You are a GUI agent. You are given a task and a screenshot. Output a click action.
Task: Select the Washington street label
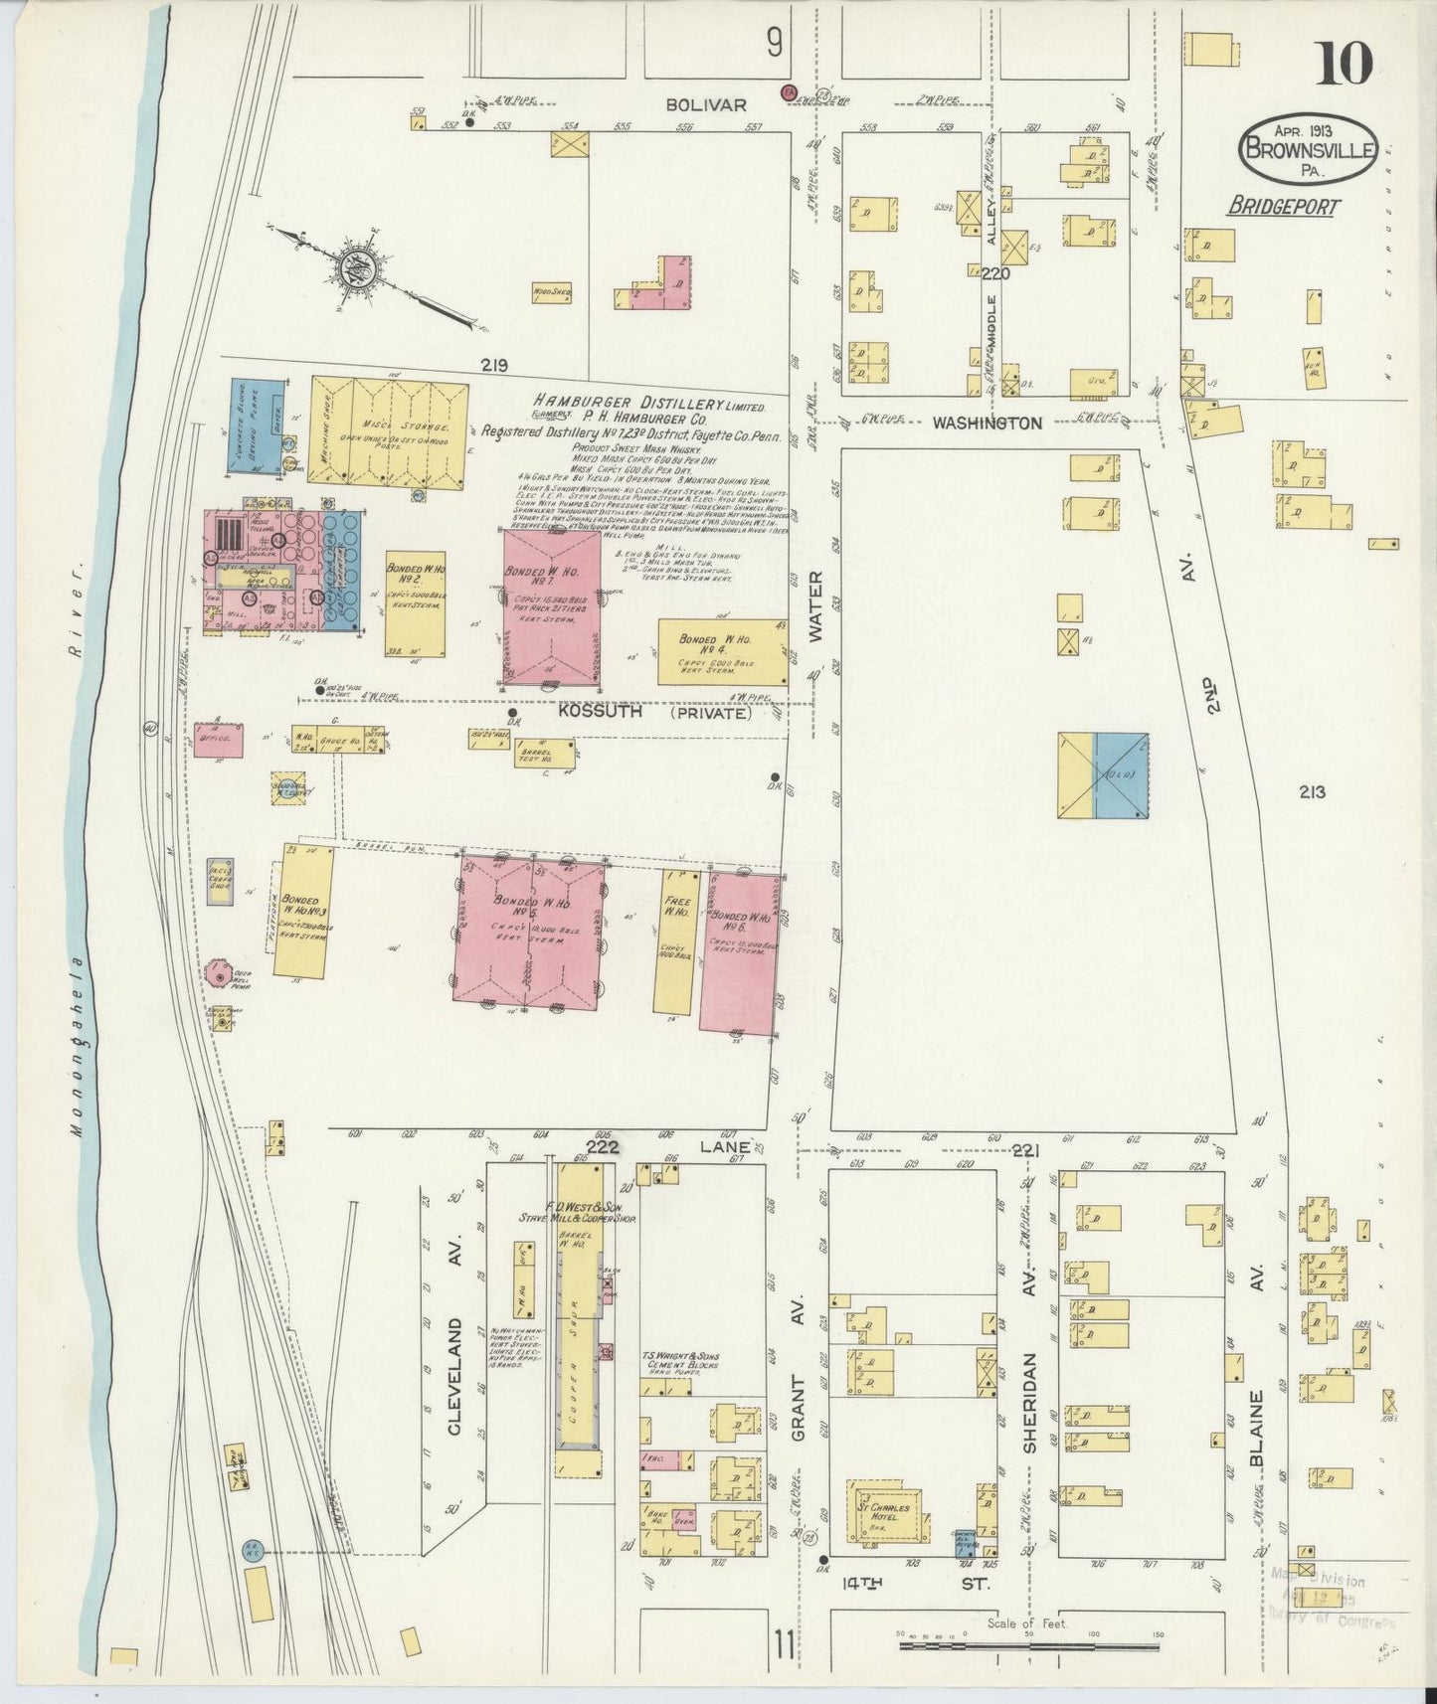coord(987,423)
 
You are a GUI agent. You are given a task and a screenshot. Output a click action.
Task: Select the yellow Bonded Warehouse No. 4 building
coord(723,651)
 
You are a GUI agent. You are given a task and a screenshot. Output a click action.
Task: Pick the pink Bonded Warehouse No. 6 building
coord(739,952)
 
